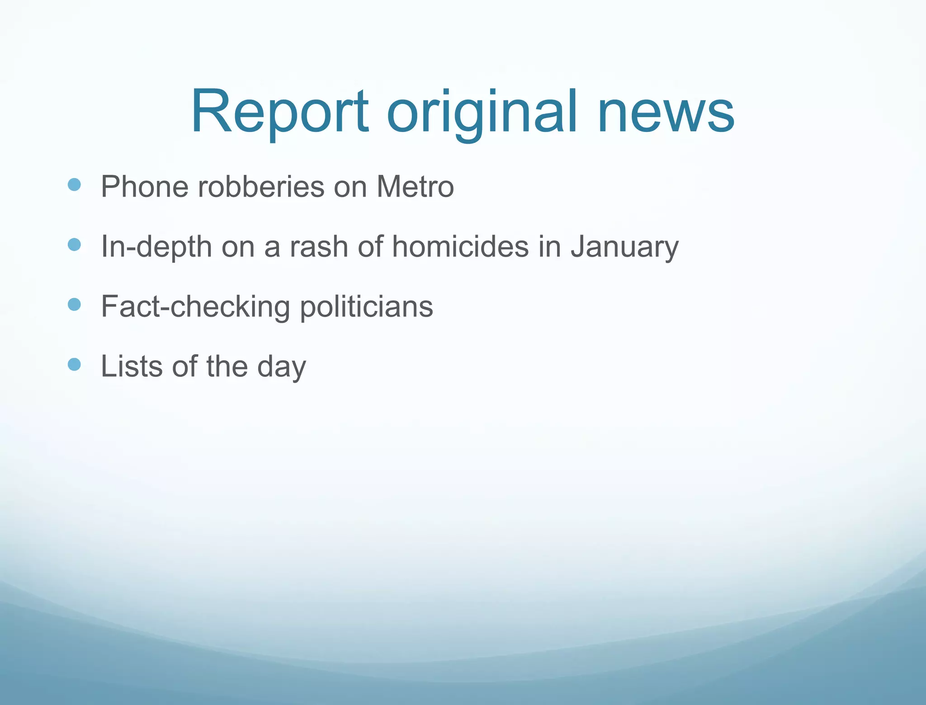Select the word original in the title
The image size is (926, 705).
pyautogui.click(x=482, y=113)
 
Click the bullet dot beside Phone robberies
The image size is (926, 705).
pyautogui.click(x=74, y=184)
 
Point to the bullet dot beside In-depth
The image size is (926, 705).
pyautogui.click(x=74, y=244)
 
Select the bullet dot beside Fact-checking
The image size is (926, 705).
pyautogui.click(x=74, y=304)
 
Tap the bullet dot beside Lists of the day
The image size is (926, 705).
pyautogui.click(x=74, y=364)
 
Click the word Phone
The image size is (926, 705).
pyautogui.click(x=144, y=186)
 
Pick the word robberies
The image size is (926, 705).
pyautogui.click(x=261, y=186)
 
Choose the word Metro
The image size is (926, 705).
pyautogui.click(x=415, y=186)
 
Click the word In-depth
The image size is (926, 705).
pyautogui.click(x=156, y=247)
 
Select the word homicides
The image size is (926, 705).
pyautogui.click(x=460, y=247)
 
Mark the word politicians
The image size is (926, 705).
pyautogui.click(x=366, y=307)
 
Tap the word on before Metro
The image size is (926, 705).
pyautogui.click(x=350, y=187)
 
